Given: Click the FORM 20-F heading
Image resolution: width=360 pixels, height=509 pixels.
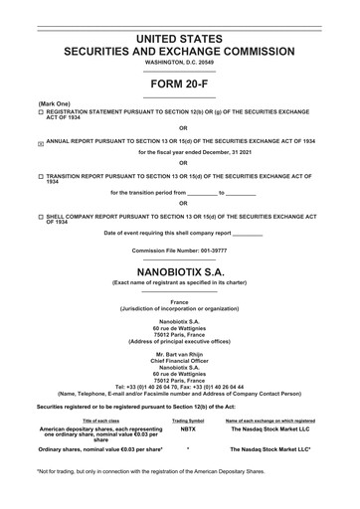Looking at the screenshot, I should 179,85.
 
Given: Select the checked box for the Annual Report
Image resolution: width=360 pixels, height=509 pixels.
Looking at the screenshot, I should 41,143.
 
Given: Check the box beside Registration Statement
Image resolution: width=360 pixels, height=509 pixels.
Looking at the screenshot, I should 41,115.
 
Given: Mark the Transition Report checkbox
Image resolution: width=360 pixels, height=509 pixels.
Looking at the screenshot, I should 41,175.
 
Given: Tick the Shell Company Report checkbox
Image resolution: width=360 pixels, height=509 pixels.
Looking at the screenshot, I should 41,216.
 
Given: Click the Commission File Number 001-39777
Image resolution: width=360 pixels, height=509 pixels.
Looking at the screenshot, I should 179,251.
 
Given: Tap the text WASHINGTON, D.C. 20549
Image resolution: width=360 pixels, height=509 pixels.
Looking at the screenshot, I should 179,63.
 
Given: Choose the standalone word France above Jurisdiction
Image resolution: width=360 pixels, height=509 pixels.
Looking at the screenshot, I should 179,302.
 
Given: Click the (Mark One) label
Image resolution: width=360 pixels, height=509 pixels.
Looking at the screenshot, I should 54,103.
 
